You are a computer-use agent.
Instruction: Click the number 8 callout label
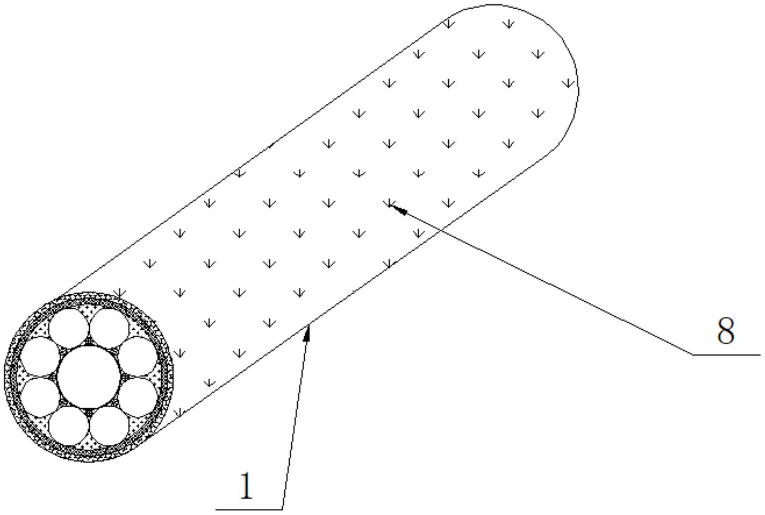(726, 331)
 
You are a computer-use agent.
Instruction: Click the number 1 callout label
(246, 486)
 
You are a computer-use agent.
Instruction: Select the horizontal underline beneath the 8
(726, 355)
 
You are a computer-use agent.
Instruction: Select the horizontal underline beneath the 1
(249, 509)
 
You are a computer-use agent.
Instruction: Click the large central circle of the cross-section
(89, 377)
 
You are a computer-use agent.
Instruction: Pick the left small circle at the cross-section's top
(68, 329)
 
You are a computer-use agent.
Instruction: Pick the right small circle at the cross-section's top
(109, 329)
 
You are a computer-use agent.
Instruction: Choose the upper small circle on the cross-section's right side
(138, 356)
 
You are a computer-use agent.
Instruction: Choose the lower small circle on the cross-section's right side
(138, 397)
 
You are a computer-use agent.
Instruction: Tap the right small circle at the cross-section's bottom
(109, 426)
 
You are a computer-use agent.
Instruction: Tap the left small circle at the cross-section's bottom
(68, 426)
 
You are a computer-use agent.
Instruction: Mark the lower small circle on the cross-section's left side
(40, 397)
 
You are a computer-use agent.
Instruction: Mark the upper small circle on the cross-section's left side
(40, 356)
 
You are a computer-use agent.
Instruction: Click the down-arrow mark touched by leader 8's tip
(389, 203)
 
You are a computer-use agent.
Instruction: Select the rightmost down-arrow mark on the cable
(568, 83)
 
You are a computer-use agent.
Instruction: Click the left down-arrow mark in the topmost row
(449, 24)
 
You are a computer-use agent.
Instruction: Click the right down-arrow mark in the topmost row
(509, 24)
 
